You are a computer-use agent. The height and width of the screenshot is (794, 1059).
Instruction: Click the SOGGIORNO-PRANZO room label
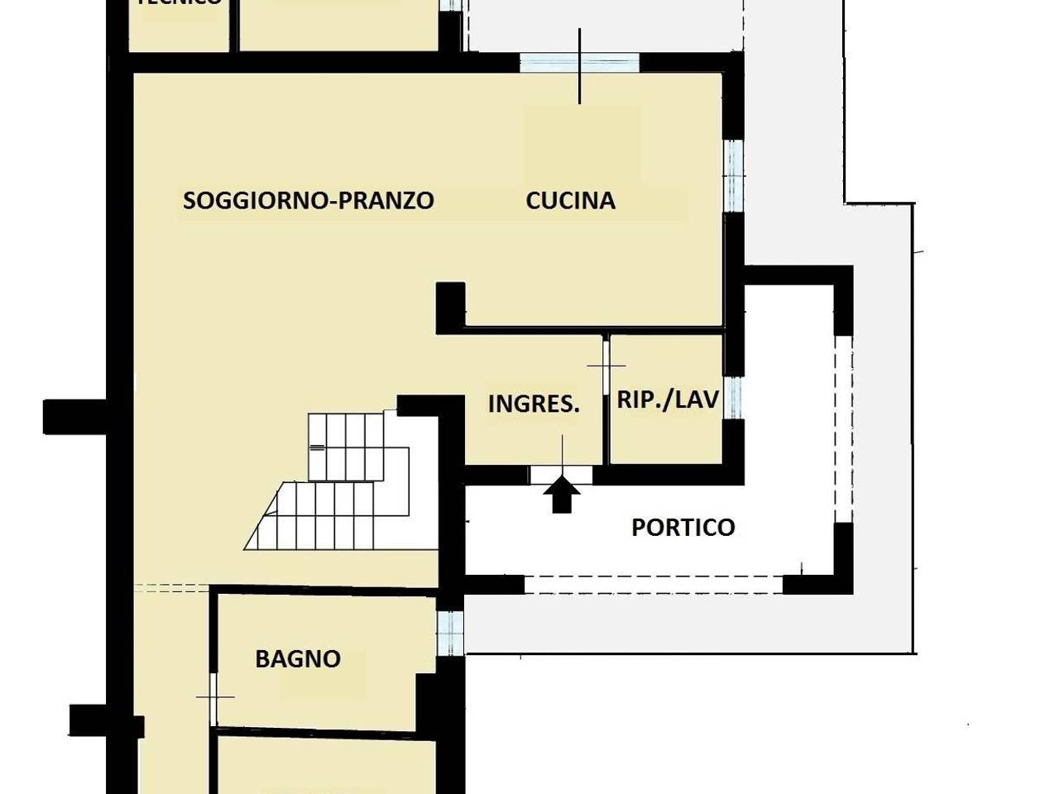[x=308, y=201]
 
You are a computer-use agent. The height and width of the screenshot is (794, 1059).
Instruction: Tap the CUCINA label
[x=570, y=201]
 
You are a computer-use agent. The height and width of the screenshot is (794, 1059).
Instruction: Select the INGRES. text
[x=534, y=404]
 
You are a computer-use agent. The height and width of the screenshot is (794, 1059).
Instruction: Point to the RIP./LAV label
[x=668, y=399]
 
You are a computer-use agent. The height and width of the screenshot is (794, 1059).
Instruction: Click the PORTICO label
[x=683, y=527]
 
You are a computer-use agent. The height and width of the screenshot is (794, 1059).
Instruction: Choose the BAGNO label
[x=298, y=659]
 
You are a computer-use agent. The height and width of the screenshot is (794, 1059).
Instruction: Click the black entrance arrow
[x=562, y=495]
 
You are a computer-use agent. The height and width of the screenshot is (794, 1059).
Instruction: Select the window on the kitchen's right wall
[x=734, y=176]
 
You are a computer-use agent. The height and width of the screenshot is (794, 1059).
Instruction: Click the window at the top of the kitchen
[x=579, y=63]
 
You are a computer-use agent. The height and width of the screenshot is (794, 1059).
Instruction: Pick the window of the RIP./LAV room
[x=734, y=398]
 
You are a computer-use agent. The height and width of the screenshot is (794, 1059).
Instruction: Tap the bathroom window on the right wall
[x=450, y=633]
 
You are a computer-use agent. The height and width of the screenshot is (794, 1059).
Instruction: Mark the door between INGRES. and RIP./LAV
[x=606, y=365]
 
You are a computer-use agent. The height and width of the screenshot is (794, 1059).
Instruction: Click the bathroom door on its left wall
[x=214, y=698]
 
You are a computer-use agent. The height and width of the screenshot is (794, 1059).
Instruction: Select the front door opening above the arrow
[x=562, y=474]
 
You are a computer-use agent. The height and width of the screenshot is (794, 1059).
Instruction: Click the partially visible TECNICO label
[x=179, y=3]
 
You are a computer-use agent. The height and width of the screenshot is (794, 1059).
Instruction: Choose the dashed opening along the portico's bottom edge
[x=654, y=585]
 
